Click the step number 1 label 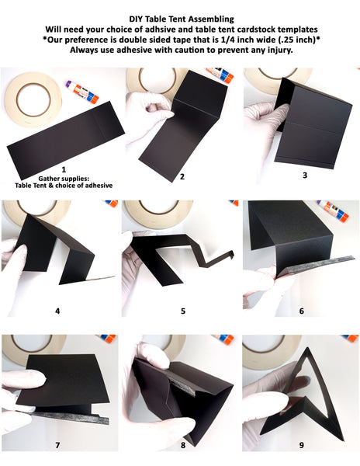pyautogui.click(x=64, y=169)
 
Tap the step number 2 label pyautogui.click(x=182, y=176)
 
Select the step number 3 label pyautogui.click(x=305, y=175)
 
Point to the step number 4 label pyautogui.click(x=57, y=311)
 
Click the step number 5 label pyautogui.click(x=183, y=311)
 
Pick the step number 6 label pyautogui.click(x=302, y=311)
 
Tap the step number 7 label pyautogui.click(x=57, y=445)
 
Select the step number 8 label pyautogui.click(x=183, y=445)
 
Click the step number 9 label pyautogui.click(x=302, y=445)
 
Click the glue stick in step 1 pyautogui.click(x=82, y=92)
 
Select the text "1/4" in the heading pyautogui.click(x=235, y=40)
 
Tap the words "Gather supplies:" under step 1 pyautogui.click(x=64, y=179)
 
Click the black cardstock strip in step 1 pyautogui.click(x=66, y=139)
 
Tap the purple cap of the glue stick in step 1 pyautogui.click(x=70, y=84)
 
